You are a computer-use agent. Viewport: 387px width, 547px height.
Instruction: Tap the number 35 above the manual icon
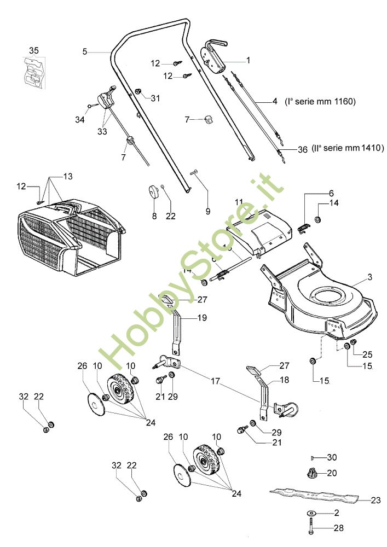(x=34, y=51)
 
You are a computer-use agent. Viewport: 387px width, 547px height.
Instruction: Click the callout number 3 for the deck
(x=369, y=277)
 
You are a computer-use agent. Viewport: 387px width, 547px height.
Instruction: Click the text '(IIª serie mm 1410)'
(x=348, y=148)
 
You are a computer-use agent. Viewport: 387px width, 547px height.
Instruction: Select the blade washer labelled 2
(x=310, y=513)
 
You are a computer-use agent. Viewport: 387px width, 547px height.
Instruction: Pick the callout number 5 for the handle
(x=85, y=52)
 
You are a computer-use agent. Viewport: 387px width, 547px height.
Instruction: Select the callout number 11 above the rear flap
(x=239, y=202)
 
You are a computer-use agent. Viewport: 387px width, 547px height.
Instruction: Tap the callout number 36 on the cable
(x=303, y=149)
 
